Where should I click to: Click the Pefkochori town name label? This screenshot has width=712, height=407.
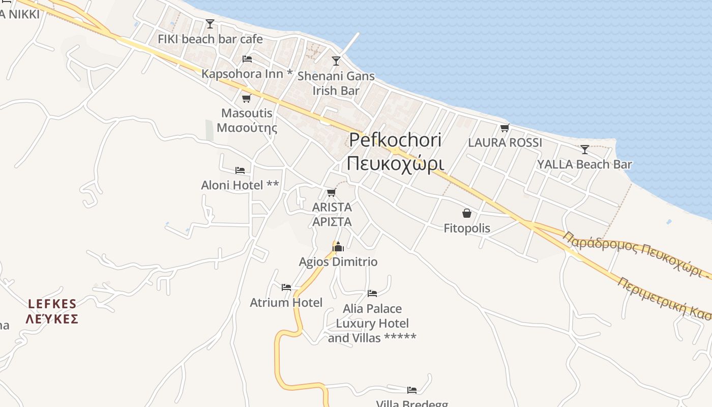[x=395, y=152]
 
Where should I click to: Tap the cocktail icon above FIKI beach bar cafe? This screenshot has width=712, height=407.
[x=210, y=23]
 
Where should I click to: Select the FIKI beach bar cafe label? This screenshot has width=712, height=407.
[x=210, y=39]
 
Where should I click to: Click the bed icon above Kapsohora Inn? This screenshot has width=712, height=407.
[x=247, y=59]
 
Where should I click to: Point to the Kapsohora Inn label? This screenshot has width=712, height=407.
[x=247, y=74]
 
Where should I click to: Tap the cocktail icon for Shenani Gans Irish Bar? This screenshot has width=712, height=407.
[x=336, y=61]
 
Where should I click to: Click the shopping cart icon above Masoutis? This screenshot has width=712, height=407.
[x=247, y=98]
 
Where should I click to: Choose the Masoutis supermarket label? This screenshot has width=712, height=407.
[x=247, y=120]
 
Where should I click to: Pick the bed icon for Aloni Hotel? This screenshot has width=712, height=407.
[x=240, y=170]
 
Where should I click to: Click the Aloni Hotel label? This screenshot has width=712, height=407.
[x=240, y=185]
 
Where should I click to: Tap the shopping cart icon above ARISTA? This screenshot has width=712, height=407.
[x=332, y=192]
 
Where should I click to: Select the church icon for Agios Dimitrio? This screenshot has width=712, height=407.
[x=338, y=247]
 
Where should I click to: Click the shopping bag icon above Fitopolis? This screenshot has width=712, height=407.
[x=467, y=213]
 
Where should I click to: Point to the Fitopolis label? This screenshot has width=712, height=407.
[x=467, y=228]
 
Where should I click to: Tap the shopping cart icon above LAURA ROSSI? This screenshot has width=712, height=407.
[x=505, y=128]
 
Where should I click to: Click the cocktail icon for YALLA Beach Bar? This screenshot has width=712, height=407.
[x=585, y=150]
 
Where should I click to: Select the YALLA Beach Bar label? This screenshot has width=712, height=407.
[x=585, y=164]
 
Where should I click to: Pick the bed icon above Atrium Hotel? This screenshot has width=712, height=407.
[x=286, y=287]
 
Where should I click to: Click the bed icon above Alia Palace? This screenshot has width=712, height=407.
[x=372, y=294]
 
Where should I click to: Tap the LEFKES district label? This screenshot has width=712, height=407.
[x=52, y=311]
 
